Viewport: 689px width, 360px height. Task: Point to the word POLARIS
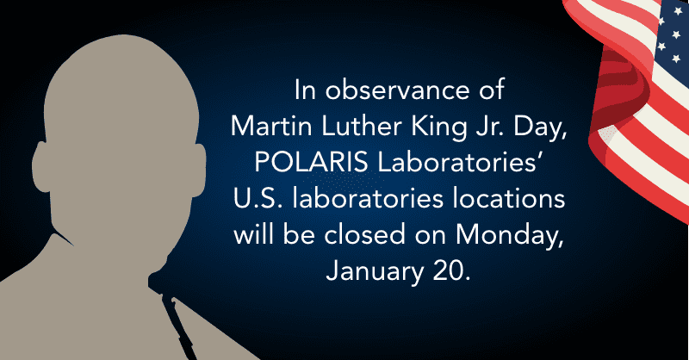tap(311, 162)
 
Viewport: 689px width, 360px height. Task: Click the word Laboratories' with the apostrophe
tap(459, 162)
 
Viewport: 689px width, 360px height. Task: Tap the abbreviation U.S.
tap(259, 199)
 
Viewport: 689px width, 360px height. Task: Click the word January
tap(375, 272)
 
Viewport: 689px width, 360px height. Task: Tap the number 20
tap(451, 271)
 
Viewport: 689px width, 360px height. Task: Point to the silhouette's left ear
tap(41, 167)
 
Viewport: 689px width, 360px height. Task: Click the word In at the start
tap(305, 90)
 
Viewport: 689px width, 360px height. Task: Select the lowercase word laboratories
tap(368, 199)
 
